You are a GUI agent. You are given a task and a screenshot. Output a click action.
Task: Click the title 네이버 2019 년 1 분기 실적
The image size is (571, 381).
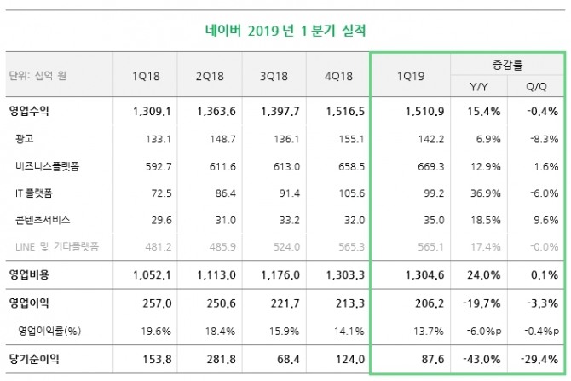(285, 31)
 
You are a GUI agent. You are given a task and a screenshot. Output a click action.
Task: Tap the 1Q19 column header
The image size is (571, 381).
(411, 77)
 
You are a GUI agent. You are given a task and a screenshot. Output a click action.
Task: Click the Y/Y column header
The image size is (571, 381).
(479, 86)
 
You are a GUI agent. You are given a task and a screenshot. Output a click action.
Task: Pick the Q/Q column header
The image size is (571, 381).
(534, 86)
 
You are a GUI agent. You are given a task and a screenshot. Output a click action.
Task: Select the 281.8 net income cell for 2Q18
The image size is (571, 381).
(214, 360)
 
